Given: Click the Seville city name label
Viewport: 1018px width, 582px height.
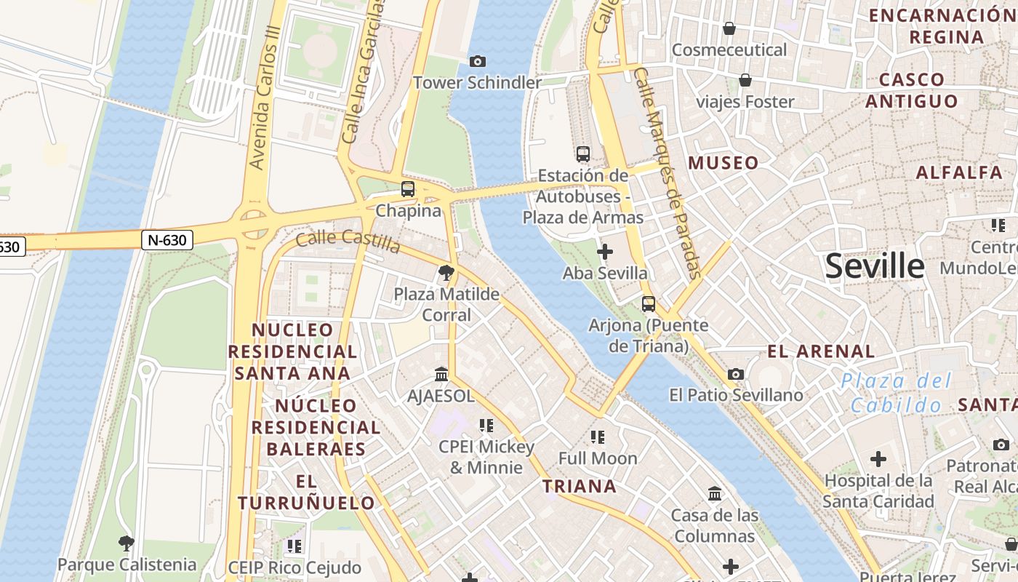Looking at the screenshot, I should point(875,267).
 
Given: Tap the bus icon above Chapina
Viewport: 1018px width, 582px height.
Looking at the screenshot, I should point(408,189).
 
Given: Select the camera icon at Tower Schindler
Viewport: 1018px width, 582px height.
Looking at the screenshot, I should point(478,61).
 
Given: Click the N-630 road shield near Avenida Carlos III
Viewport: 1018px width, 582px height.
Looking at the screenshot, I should point(167,240).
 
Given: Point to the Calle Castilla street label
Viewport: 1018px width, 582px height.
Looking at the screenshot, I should point(348,240).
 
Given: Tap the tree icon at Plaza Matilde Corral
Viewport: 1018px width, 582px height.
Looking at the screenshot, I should point(446,273).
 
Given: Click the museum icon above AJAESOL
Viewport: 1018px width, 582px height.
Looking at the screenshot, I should point(441,374).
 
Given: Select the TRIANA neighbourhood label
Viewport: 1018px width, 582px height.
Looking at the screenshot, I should point(580,486).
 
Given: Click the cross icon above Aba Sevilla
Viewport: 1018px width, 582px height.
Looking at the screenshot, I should point(604,252).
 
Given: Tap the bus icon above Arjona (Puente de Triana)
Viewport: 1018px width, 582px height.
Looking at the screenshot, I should point(648,303).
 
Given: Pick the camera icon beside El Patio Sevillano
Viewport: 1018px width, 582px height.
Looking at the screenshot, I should point(736,374).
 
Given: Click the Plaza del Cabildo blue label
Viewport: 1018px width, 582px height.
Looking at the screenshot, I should point(896,393).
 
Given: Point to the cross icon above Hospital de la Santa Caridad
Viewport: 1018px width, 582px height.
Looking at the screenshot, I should point(878,459).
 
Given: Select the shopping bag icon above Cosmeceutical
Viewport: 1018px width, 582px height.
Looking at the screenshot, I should point(729,28).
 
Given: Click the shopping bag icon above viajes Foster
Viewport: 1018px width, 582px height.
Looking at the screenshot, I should point(745,79).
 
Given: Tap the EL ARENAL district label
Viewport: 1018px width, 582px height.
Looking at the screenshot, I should point(821,351).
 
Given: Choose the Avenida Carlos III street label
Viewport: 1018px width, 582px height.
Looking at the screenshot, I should point(265,98).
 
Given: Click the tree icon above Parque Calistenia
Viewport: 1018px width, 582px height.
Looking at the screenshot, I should point(127,543).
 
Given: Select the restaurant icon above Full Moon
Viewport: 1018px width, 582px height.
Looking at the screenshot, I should point(598,437).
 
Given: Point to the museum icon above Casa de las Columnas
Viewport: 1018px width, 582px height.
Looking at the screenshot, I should point(715,494).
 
